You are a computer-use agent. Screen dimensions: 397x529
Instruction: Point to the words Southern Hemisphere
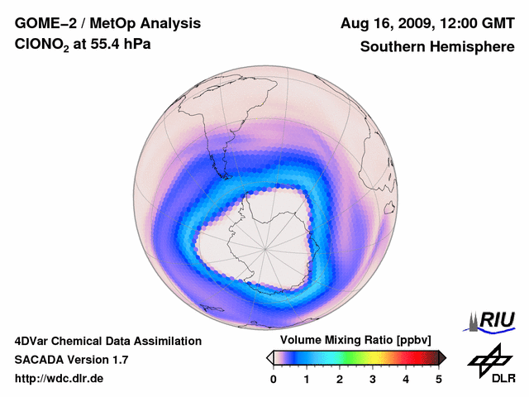tap(437, 47)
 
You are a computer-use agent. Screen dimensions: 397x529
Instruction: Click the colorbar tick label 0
tap(274, 379)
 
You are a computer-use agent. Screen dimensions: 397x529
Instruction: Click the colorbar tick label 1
tap(307, 379)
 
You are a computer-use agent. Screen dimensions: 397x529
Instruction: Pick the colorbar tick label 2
tap(340, 379)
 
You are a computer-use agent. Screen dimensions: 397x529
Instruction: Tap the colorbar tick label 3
tap(373, 379)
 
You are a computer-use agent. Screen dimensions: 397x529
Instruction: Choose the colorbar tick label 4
tap(406, 379)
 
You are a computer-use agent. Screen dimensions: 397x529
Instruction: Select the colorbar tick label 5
tap(439, 379)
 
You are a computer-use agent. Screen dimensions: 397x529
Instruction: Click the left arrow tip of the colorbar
tap(269, 357)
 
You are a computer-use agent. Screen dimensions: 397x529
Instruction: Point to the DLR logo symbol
tap(489, 358)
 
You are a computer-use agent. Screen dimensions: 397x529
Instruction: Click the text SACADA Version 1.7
tap(71, 360)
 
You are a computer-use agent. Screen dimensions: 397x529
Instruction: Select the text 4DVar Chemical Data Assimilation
tap(108, 341)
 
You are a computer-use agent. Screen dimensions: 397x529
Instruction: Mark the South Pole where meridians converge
tap(265, 247)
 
